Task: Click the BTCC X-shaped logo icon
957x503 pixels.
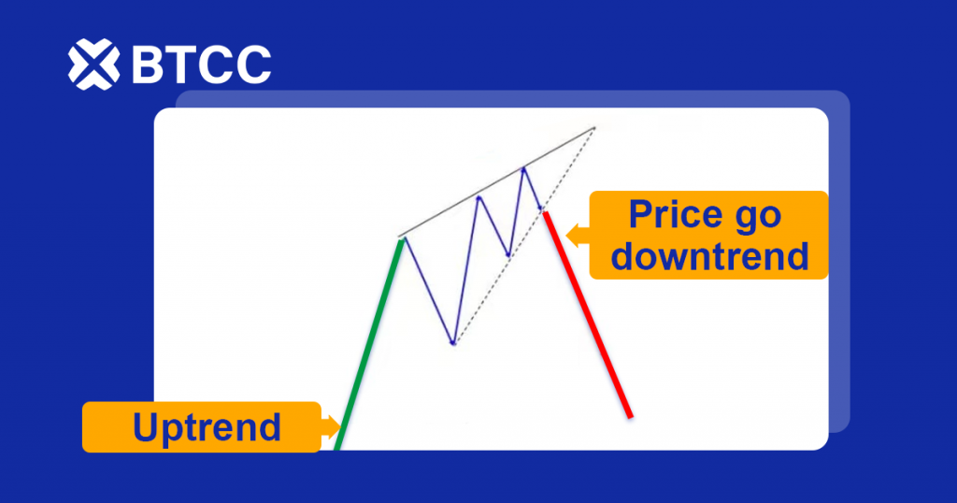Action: (93, 65)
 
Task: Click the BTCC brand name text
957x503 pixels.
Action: (202, 65)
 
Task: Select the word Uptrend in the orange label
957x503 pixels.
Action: (207, 427)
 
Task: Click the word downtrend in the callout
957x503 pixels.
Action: (710, 256)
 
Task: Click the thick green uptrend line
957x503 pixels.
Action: (370, 344)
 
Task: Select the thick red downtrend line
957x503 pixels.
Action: (588, 315)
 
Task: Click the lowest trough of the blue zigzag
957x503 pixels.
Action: (453, 344)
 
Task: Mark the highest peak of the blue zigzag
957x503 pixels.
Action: (523, 168)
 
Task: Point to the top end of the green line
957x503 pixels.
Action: (402, 240)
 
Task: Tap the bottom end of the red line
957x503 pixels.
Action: (631, 418)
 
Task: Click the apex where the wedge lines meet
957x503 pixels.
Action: (593, 127)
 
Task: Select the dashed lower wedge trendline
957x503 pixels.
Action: (523, 236)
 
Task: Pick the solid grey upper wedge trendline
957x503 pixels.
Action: (496, 182)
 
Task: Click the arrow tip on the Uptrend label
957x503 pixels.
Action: (340, 426)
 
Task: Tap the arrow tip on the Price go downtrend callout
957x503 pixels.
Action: (567, 235)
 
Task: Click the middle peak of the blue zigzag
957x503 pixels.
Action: (479, 197)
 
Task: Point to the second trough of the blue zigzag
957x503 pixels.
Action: (508, 255)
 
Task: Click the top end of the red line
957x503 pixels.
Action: (545, 213)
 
